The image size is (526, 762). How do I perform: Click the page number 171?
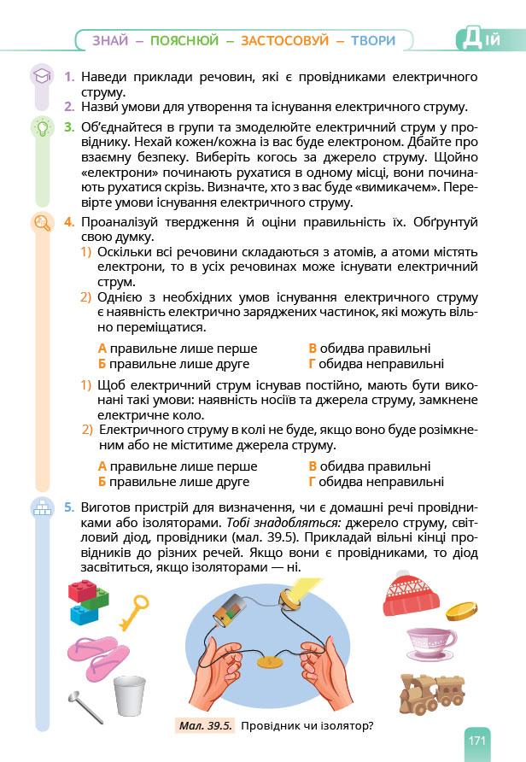coord(476,740)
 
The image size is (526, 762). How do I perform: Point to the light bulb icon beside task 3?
coord(40,128)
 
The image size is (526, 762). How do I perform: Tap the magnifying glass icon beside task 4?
coord(40,223)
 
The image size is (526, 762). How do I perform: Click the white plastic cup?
coord(130,696)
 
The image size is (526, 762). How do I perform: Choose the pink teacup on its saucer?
coord(430,642)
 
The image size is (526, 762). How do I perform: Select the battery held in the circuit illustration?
coord(231,605)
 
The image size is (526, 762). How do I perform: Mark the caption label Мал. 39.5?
coord(204,726)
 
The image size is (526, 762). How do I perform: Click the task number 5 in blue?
coord(68,507)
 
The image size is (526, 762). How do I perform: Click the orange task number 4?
coord(68,223)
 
